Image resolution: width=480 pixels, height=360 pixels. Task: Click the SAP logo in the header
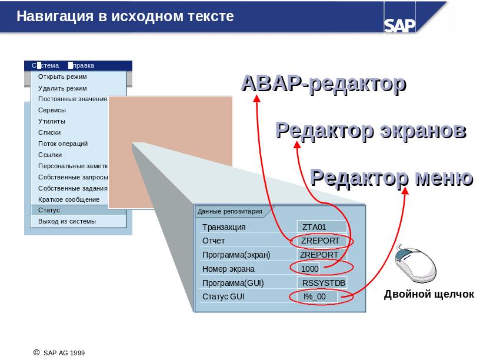399,25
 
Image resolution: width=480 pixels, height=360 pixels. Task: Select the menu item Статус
49,211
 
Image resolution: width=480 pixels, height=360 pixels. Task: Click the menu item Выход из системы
66,221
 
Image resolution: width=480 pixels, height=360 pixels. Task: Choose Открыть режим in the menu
62,76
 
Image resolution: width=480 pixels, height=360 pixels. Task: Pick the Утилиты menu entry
51,121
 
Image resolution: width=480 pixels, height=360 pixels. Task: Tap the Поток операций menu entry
63,144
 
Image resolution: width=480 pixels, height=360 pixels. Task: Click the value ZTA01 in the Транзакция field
314,227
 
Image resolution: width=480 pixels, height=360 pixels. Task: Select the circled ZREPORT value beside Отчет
320,241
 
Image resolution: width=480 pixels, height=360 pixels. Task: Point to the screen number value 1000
310,269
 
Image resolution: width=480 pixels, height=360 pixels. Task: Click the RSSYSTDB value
324,283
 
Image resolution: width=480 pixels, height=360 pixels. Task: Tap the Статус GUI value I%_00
314,296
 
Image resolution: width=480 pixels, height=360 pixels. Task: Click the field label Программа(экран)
236,255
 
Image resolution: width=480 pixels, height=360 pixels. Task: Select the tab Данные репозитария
229,211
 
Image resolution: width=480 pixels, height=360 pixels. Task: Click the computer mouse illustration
415,263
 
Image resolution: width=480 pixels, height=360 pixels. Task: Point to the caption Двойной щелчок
429,294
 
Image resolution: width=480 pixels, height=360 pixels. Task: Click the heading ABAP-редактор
324,84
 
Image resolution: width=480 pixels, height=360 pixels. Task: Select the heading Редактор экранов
371,131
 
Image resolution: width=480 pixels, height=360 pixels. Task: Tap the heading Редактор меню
392,177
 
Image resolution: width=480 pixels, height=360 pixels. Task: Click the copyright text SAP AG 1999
64,353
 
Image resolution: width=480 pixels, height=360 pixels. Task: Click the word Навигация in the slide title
55,16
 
